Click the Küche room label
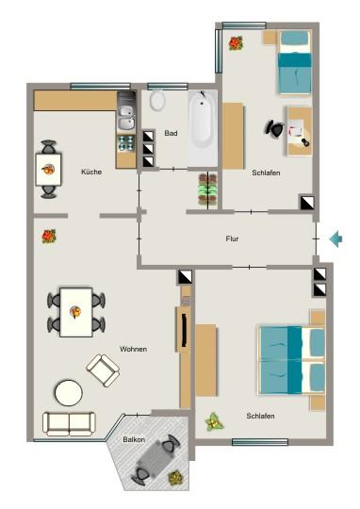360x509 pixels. (x=91, y=172)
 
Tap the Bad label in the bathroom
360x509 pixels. (x=171, y=133)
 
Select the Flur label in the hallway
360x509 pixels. (x=232, y=239)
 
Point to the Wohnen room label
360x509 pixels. (x=133, y=350)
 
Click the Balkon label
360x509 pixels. (x=134, y=440)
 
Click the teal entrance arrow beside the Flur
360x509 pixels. (x=335, y=239)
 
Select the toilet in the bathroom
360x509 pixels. (x=157, y=101)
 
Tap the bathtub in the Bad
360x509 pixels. (x=203, y=127)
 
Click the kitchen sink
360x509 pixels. (x=126, y=117)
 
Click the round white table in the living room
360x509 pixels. (x=68, y=391)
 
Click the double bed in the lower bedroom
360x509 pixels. (x=291, y=359)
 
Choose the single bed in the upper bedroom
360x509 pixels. (x=294, y=63)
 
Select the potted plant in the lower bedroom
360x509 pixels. (x=215, y=421)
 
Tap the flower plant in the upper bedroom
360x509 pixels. (x=235, y=42)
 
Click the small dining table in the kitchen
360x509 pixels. (x=49, y=171)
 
